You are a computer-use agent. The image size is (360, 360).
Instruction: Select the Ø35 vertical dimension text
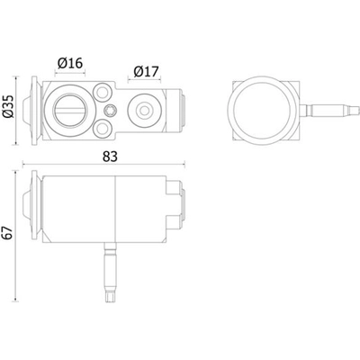10,109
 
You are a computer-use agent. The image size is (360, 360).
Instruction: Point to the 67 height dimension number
10,232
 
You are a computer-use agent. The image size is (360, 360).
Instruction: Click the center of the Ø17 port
143,110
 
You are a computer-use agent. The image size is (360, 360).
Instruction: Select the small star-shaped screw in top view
109,110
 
